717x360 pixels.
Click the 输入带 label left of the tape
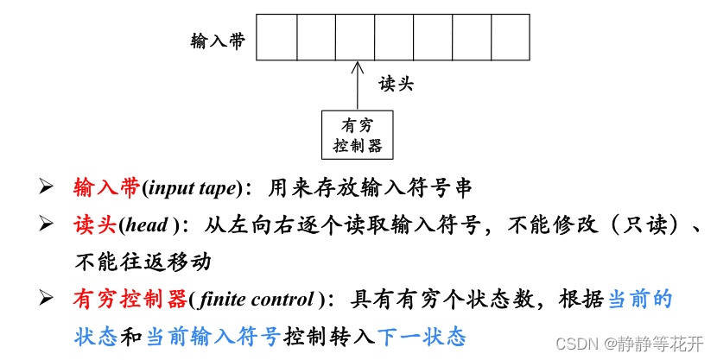click(x=218, y=40)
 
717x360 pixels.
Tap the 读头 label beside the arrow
click(x=397, y=84)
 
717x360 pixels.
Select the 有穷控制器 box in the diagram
click(x=357, y=136)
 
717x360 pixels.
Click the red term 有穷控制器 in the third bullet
click(x=130, y=300)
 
